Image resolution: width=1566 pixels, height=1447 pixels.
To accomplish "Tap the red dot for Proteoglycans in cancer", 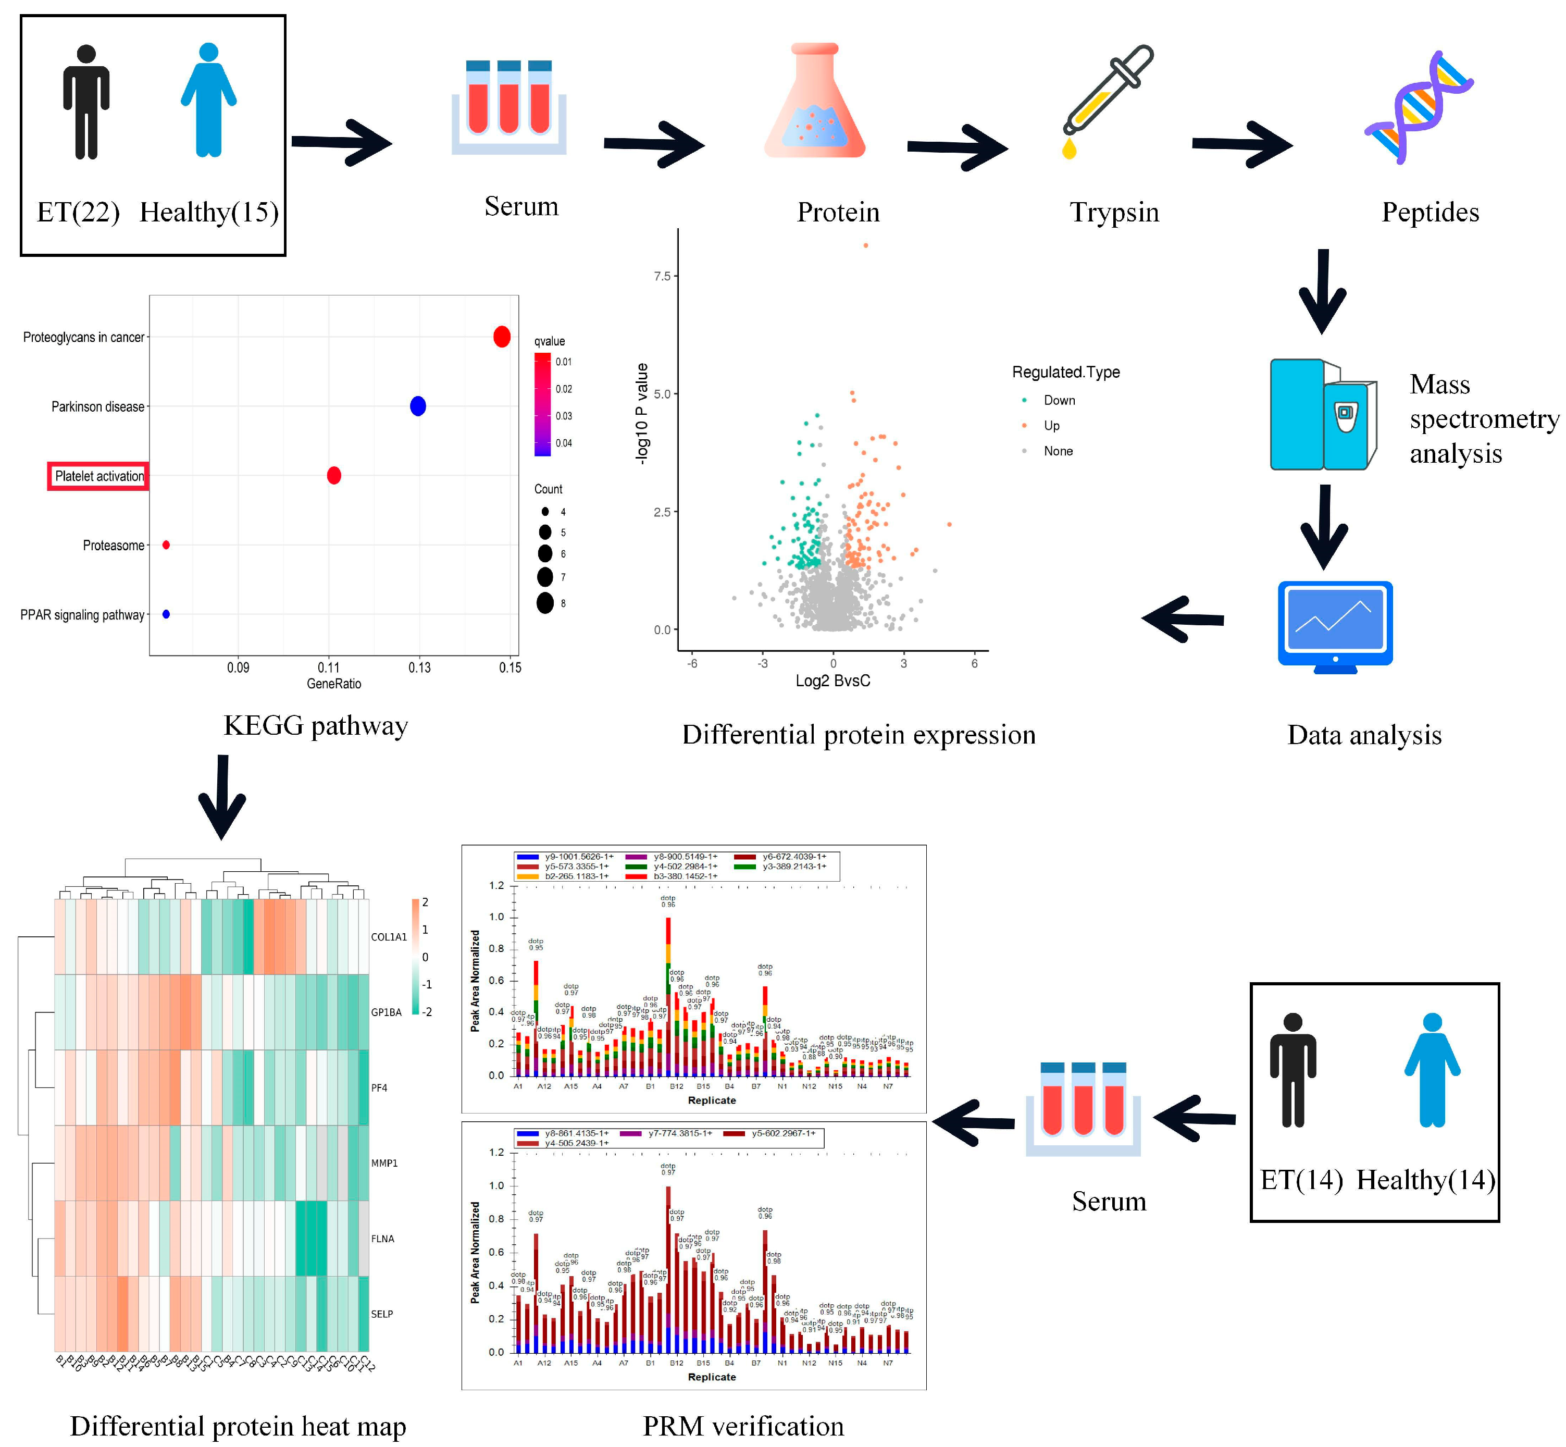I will (502, 337).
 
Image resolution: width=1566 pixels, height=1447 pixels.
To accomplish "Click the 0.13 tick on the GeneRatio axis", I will (419, 667).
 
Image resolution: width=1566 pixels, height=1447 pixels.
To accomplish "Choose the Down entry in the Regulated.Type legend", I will (1059, 400).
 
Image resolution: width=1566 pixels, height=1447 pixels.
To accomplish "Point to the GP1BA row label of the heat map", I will (386, 1012).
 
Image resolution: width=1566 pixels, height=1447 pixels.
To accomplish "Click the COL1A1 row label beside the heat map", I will (388, 937).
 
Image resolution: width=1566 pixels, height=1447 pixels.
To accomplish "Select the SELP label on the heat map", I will (382, 1314).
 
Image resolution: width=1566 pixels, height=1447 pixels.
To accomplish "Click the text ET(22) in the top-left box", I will (78, 212).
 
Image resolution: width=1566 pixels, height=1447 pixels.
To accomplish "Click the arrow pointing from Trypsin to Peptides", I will (1241, 144).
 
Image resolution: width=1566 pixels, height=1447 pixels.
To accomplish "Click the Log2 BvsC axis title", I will (832, 681).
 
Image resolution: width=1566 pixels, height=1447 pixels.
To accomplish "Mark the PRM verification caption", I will (743, 1426).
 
